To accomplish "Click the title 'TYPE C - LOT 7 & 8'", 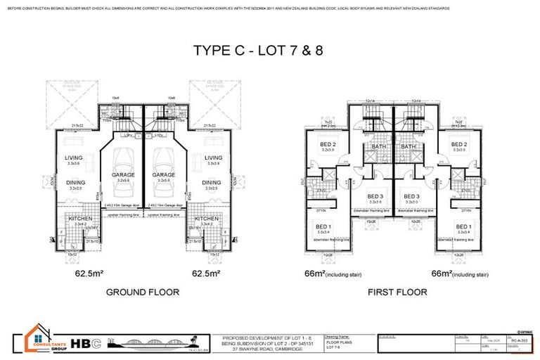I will pyautogui.click(x=270, y=50).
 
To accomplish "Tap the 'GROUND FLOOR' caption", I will pyautogui.click(x=142, y=291).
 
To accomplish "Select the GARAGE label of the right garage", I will pyautogui.click(x=164, y=174).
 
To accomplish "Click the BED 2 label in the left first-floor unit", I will pyautogui.click(x=328, y=144).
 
